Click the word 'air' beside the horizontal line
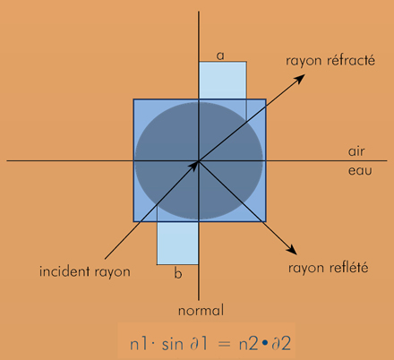point(356,151)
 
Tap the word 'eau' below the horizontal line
point(360,171)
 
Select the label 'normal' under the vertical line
point(201,311)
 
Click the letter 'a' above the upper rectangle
point(220,56)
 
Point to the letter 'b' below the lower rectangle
point(178,273)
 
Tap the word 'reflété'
point(348,267)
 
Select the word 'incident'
point(64,271)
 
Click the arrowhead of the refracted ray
point(298,80)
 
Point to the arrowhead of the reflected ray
point(291,249)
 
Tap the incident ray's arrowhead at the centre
point(193,166)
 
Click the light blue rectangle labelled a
point(223,81)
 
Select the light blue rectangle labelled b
point(177,243)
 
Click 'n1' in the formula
point(139,344)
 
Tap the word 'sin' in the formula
point(172,344)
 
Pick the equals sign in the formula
point(224,345)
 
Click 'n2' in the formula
point(248,344)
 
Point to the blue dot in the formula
point(264,344)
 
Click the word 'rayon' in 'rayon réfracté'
point(304,61)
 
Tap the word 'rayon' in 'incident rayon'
point(112,272)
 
